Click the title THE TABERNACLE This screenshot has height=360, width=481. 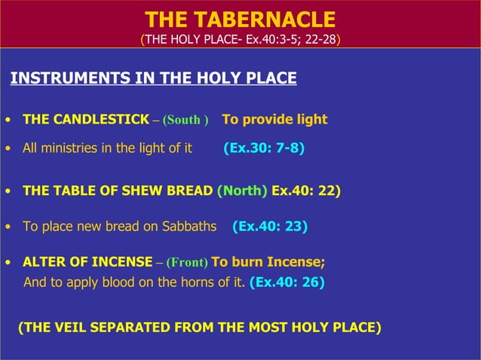click(240, 20)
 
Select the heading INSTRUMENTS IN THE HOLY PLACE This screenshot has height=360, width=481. click(153, 78)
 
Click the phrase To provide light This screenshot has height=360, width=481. click(274, 120)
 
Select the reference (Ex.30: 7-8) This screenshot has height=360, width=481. click(264, 148)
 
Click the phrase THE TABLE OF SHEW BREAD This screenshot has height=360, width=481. click(118, 191)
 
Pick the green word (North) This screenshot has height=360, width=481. click(242, 191)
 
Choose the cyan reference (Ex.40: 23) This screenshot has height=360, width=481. click(270, 226)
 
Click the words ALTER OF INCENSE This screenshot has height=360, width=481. click(87, 263)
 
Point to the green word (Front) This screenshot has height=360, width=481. click(182, 264)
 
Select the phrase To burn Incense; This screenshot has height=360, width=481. click(268, 263)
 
